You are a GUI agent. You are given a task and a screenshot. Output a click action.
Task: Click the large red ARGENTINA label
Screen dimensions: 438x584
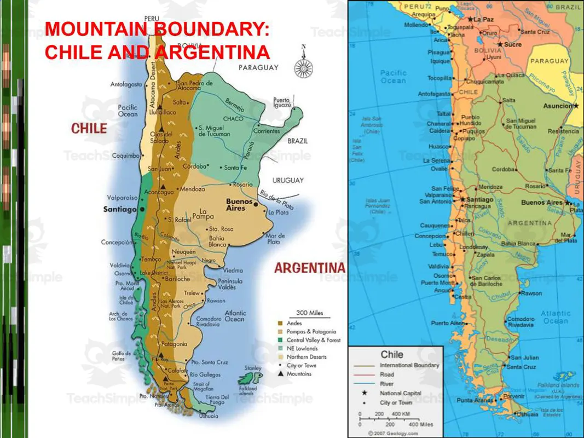click(309, 268)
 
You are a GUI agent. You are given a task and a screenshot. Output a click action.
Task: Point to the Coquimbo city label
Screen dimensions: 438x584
click(126, 155)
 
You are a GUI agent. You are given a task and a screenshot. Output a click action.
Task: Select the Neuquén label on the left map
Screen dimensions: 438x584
click(180, 251)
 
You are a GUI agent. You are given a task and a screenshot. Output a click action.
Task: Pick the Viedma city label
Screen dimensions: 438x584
click(233, 270)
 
